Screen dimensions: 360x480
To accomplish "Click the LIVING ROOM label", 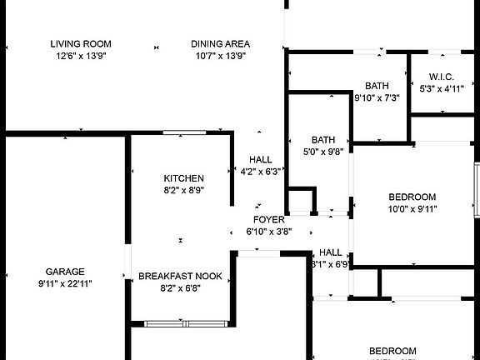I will tap(81, 44).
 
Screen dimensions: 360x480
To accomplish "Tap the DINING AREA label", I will tap(220, 44).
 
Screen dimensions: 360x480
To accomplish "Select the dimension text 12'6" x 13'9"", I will tap(81, 56).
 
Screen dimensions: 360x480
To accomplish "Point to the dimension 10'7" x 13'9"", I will tap(220, 56).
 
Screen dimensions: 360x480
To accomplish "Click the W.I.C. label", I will tap(441, 77).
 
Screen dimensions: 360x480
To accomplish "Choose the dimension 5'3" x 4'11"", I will tap(441, 87).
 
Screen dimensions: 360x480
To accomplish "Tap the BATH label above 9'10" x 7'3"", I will tap(377, 86).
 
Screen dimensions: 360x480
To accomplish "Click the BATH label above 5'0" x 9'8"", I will tap(322, 139).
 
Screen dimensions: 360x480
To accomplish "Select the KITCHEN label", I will tap(183, 178).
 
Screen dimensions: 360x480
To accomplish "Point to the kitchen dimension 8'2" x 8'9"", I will tap(183, 190).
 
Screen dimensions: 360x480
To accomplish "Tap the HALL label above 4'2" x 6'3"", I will tap(261, 160).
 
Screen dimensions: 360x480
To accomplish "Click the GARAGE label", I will tap(65, 272).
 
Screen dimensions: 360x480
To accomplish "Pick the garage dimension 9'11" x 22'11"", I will tap(65, 283).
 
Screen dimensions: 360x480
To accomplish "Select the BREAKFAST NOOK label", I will tap(180, 276).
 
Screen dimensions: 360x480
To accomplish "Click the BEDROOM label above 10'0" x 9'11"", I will tap(412, 197).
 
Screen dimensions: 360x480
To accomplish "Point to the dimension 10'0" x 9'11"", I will tap(412, 209).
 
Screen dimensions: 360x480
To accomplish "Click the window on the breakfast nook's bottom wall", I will tap(186, 323).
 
